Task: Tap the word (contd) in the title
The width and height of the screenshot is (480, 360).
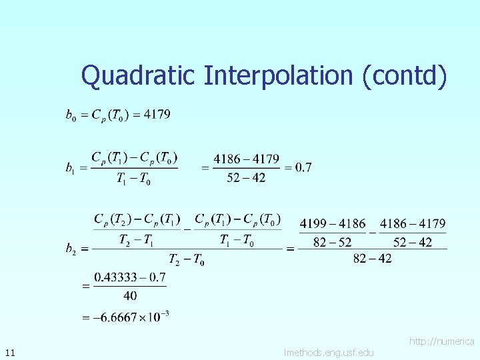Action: coord(404,76)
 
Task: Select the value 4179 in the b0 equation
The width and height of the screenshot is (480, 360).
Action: coord(157,115)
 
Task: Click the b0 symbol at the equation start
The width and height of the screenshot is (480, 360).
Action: coord(70,116)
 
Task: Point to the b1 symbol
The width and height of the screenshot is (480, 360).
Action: coord(70,169)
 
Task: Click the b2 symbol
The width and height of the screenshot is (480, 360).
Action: coord(70,249)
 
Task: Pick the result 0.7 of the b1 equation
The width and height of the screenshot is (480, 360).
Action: coord(303,167)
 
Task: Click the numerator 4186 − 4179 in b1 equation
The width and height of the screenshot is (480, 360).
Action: coord(246,159)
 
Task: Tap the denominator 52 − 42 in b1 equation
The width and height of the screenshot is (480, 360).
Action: coord(246,177)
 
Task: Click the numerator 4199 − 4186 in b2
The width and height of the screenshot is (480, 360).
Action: coord(333,224)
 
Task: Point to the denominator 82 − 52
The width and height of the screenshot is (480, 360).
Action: coord(333,242)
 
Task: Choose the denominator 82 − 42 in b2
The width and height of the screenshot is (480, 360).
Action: coord(372,259)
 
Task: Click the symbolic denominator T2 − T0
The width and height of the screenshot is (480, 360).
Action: coord(186,259)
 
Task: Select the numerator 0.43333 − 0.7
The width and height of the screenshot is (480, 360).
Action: coord(130,277)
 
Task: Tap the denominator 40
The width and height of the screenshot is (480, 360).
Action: coord(130,295)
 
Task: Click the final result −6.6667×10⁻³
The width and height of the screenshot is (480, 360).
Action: coord(125,317)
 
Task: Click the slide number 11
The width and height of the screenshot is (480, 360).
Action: coord(9,351)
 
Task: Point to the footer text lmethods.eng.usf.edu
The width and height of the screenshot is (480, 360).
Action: coord(329,352)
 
